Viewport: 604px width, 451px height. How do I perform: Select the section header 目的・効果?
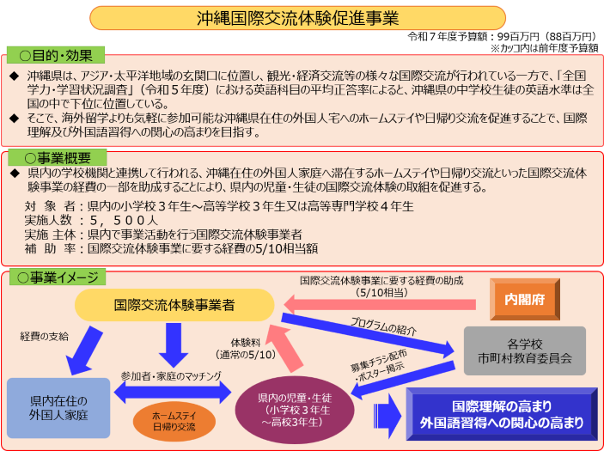(55, 55)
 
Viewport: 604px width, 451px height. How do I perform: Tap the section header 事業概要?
(57, 158)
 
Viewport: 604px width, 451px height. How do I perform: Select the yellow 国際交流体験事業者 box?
(174, 304)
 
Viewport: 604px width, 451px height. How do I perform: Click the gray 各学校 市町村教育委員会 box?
(524, 350)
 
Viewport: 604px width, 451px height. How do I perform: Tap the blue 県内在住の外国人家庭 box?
(58, 407)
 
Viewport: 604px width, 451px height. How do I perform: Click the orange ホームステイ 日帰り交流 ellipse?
(174, 420)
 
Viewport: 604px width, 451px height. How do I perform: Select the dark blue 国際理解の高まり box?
(502, 413)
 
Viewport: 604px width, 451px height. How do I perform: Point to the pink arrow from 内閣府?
(378, 303)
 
